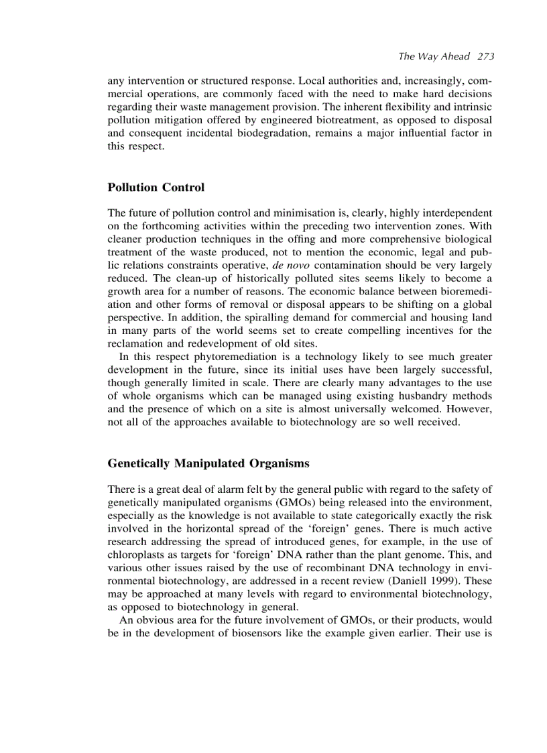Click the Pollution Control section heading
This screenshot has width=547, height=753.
point(156,187)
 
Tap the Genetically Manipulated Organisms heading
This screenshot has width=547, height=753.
point(208,463)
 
